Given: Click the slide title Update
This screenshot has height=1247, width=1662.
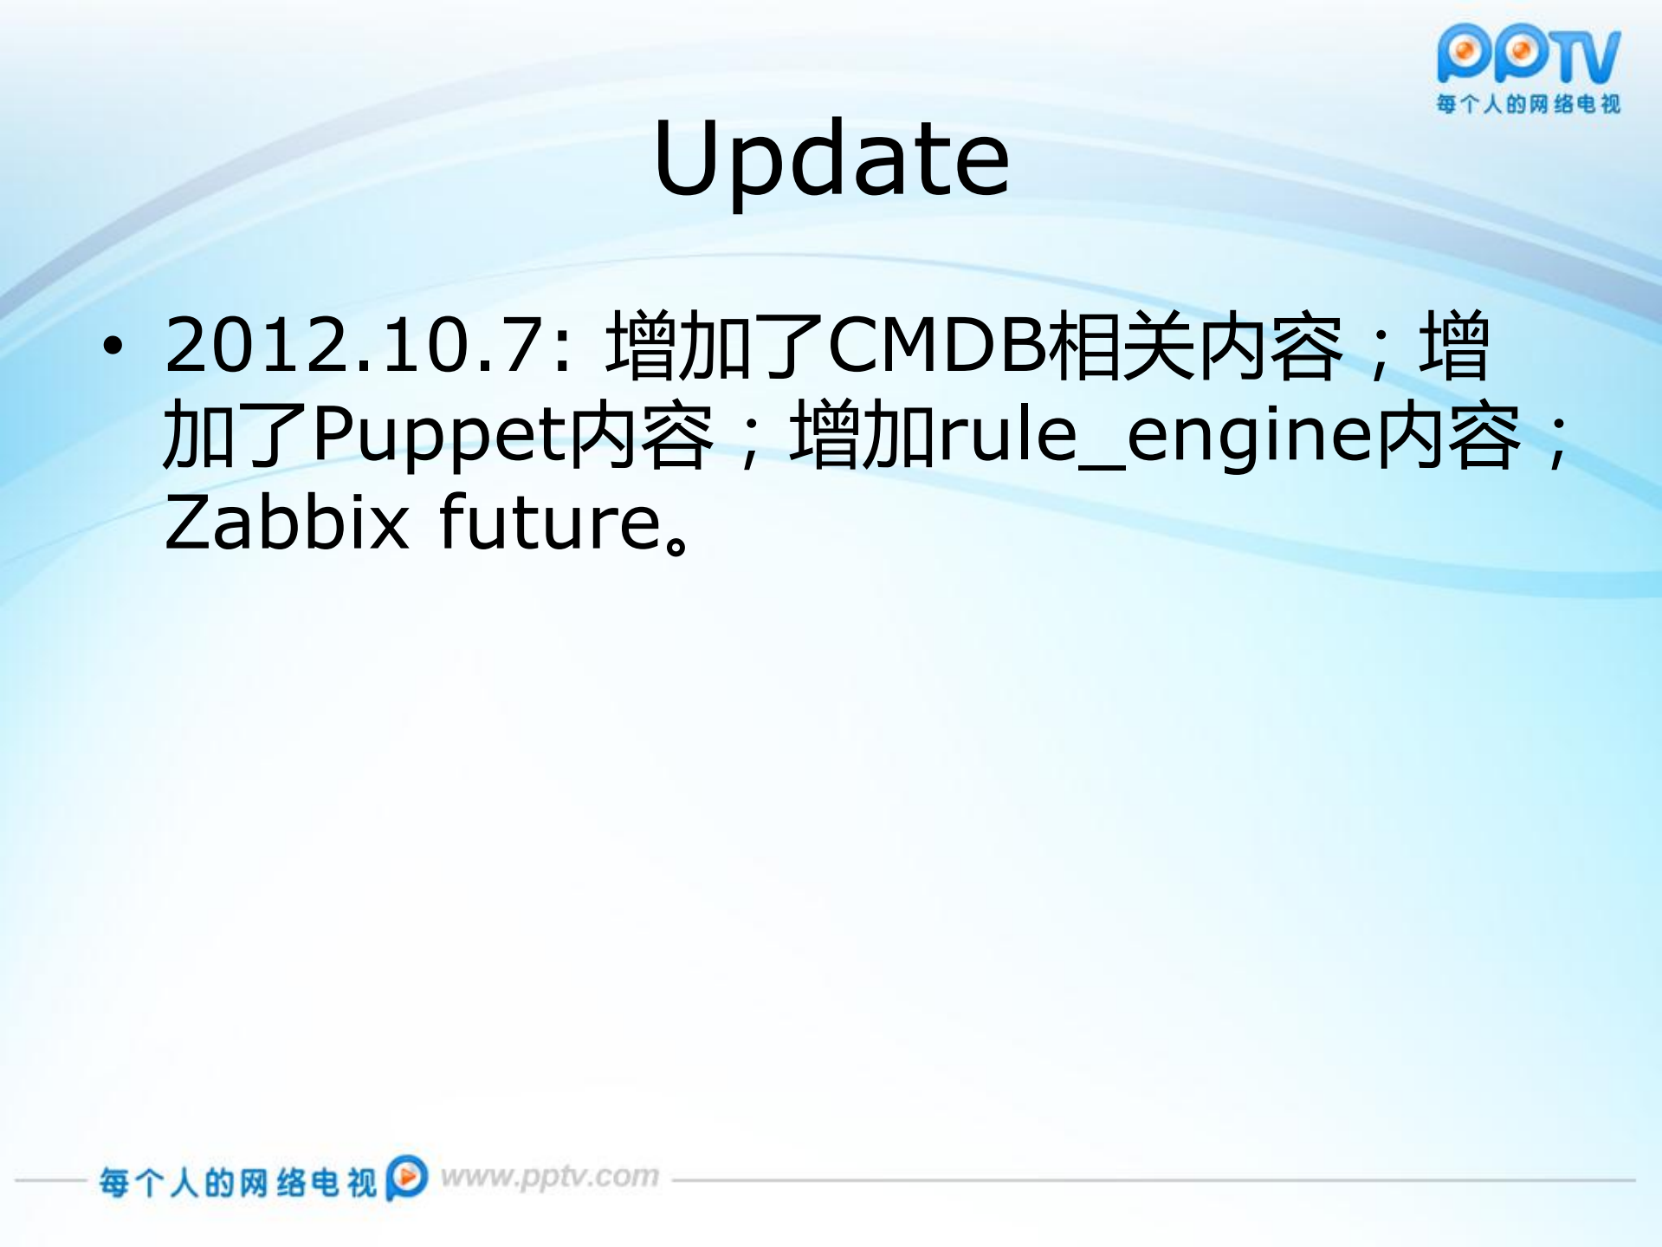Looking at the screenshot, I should [x=831, y=159].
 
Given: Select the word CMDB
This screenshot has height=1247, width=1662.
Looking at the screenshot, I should [x=937, y=346].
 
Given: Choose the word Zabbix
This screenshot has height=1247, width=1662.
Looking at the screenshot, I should [x=287, y=523].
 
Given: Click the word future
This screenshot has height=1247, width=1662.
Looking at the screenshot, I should [x=551, y=523].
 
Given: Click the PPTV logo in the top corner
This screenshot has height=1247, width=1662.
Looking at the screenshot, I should [x=1528, y=54].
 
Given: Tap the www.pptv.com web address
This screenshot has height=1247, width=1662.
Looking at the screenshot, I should [x=550, y=1177].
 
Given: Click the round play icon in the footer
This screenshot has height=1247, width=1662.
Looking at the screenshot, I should [x=407, y=1177].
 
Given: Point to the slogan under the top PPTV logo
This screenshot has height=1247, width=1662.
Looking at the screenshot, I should [x=1528, y=105].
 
